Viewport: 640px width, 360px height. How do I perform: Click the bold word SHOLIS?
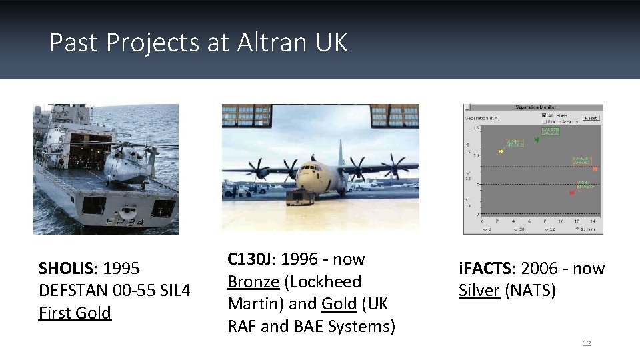(66, 269)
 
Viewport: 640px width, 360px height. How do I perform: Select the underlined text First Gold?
(75, 313)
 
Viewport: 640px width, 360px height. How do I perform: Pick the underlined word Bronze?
(253, 282)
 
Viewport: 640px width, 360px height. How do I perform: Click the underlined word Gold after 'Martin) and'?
(339, 304)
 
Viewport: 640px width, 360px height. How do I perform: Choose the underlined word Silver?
(479, 291)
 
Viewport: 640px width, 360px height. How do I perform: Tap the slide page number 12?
(587, 343)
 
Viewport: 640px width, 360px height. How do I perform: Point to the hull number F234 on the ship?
(125, 221)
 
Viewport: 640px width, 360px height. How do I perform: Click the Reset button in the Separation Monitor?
(590, 117)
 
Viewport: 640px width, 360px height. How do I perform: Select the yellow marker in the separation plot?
(501, 151)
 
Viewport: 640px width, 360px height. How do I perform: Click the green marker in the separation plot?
(537, 139)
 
